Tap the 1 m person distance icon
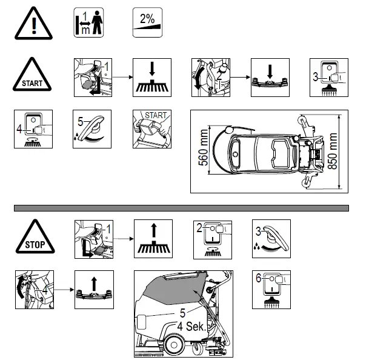coord(88,23)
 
